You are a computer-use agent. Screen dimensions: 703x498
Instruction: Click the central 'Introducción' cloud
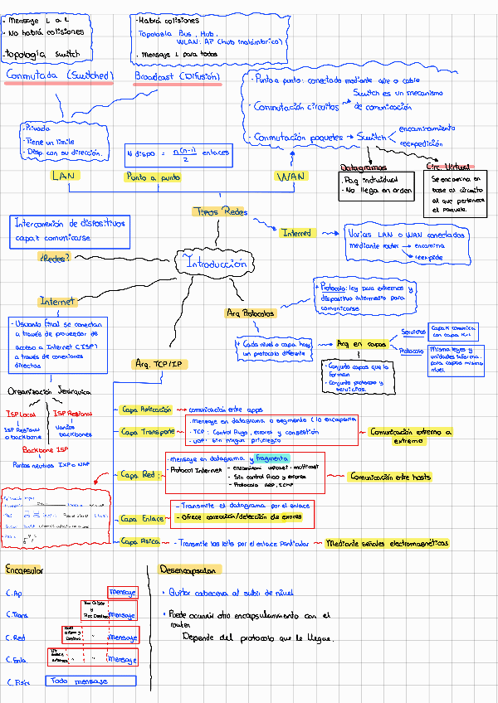coord(218,264)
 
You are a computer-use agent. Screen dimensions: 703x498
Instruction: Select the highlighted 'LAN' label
coord(63,176)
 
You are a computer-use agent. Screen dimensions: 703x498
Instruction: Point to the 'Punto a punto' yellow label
coord(154,177)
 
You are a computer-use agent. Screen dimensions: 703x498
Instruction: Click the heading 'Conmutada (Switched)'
coord(58,75)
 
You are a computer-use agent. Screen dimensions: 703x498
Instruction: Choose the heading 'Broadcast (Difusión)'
coord(177,76)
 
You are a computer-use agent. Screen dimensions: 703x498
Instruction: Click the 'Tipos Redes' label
coord(219,212)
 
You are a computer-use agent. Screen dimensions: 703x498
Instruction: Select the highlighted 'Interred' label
coord(296,234)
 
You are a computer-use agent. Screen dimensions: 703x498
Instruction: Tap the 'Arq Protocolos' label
coord(251,313)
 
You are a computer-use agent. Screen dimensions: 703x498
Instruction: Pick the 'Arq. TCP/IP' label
coord(159,364)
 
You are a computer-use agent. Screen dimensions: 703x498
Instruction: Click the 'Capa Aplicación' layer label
coord(146,410)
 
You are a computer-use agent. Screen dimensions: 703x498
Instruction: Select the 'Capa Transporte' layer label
coord(148,432)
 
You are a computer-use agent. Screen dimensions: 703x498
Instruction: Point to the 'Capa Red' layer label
coord(138,475)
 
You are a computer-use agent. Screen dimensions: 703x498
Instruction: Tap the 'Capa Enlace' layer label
coord(142,518)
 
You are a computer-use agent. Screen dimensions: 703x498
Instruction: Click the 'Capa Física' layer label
coord(139,541)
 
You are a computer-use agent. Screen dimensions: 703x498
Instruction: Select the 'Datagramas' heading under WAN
coord(364,167)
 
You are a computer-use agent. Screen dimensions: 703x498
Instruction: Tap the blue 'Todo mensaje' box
coord(80,681)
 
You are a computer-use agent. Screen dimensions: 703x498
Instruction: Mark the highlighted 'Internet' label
coord(57,301)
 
